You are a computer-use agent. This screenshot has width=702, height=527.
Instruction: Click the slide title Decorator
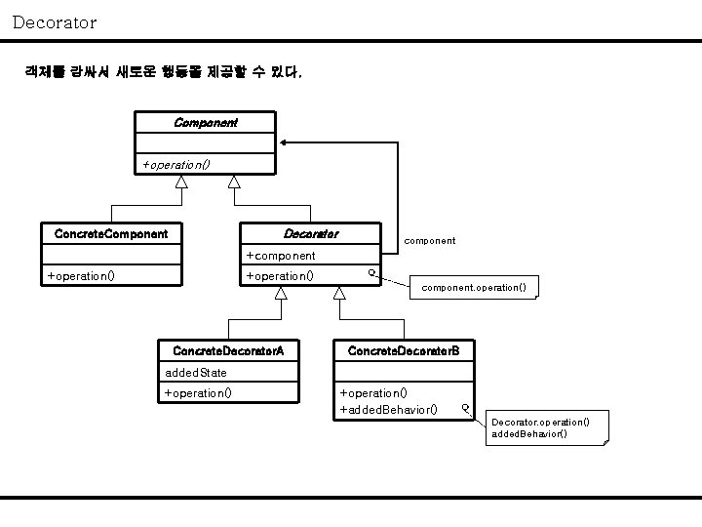[55, 21]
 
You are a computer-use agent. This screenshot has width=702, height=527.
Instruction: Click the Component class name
[205, 123]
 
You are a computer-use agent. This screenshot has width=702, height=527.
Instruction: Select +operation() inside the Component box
[176, 164]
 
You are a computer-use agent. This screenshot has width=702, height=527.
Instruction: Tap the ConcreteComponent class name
[111, 234]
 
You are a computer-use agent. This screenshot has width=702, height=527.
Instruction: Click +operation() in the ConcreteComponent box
[81, 276]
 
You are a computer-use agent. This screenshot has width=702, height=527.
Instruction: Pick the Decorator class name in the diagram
[310, 234]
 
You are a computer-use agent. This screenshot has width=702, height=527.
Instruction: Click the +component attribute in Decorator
[281, 256]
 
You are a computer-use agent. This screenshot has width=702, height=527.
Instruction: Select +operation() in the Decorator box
[280, 276]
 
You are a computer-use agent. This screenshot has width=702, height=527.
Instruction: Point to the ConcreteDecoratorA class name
[228, 350]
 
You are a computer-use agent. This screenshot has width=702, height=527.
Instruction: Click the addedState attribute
[196, 373]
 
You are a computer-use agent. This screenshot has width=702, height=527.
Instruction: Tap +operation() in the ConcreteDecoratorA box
[198, 393]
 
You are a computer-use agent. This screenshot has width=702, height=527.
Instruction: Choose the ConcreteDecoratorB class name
[397, 350]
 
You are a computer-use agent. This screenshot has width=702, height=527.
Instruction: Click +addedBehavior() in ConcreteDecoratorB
[388, 409]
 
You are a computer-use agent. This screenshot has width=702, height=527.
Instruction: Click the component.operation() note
[474, 288]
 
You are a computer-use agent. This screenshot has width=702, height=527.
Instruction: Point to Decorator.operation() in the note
[540, 422]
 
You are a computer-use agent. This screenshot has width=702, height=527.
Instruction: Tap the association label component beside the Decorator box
[429, 240]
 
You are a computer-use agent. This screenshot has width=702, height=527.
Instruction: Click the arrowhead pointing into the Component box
[285, 143]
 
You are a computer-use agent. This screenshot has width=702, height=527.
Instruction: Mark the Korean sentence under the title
[164, 72]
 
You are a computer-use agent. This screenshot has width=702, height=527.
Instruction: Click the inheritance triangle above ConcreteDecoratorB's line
[339, 293]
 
